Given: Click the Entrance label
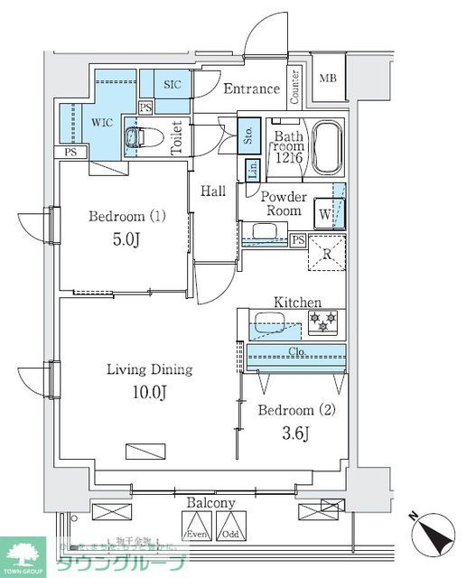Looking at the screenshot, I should pos(251,89).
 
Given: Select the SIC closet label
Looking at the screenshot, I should pos(172,84).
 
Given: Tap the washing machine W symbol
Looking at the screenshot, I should pos(323,215).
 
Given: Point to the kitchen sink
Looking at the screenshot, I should pos(268,321).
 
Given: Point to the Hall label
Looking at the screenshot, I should pos(213,191).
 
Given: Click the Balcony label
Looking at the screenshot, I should pos(211,503).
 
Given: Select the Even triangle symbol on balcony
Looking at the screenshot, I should pos(196,526).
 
